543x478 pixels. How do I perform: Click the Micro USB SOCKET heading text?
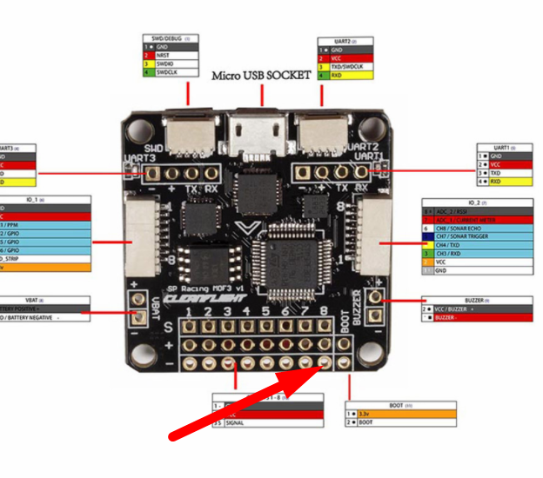[261, 76]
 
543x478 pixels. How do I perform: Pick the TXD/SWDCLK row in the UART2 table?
[345, 67]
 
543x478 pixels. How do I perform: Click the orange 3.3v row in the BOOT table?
[405, 413]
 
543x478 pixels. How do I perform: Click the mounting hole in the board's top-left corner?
[135, 129]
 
